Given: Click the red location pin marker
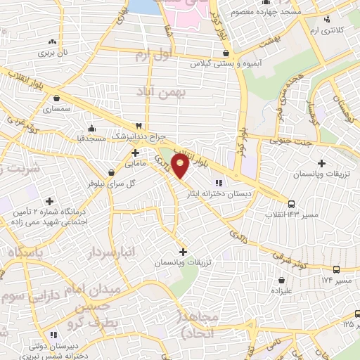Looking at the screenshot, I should click(x=181, y=167).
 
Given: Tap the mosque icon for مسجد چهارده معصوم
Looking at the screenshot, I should click(x=266, y=12).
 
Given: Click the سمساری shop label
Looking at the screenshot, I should click(x=56, y=110).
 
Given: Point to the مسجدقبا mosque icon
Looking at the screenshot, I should click(x=92, y=128).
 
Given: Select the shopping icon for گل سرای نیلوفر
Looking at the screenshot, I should click(x=111, y=172).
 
